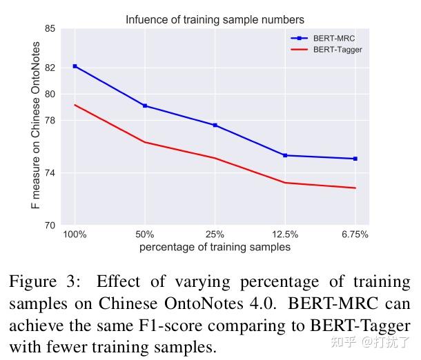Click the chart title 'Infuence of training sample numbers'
coord(215,19)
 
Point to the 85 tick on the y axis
coord(50,29)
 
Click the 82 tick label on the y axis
coord(50,68)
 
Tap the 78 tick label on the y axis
coord(50,121)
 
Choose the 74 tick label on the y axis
coord(50,173)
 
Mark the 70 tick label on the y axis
coord(50,225)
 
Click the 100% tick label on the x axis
coord(75,234)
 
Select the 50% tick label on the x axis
coord(145,234)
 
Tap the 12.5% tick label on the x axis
coord(285,234)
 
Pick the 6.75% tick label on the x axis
coord(355,234)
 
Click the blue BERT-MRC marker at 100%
coord(75,66)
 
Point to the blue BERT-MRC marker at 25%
coord(215,125)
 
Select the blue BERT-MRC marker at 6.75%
coord(355,159)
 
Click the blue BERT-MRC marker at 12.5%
coord(285,155)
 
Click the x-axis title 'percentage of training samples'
coord(215,247)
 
